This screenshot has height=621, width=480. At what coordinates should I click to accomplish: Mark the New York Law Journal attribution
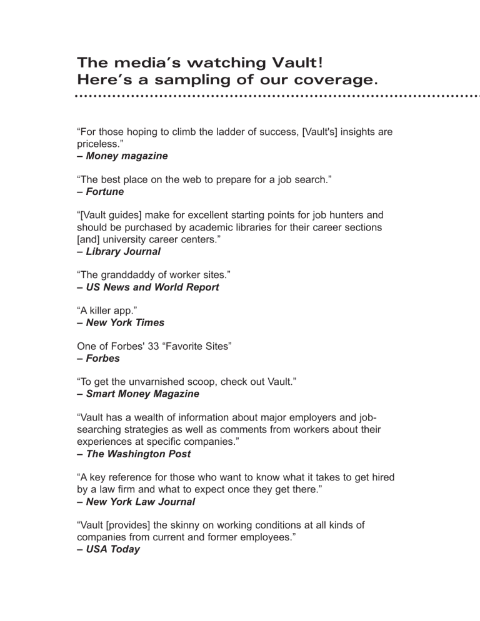135,502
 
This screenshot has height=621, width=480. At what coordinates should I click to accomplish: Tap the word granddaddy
128,276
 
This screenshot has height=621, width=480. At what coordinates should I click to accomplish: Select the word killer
101,311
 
